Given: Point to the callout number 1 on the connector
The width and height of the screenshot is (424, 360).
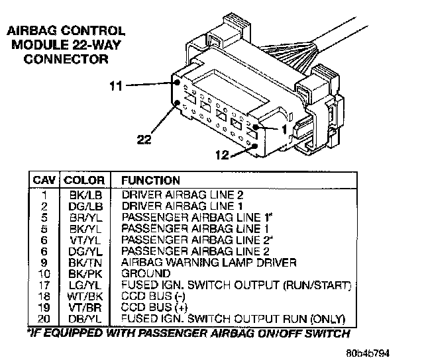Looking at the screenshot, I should point(284,129).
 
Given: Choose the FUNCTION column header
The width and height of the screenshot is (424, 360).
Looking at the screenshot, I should point(150,180).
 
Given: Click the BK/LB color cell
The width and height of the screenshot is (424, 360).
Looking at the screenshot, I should point(85,195).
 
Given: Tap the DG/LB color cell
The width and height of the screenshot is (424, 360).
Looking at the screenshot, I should point(85,205).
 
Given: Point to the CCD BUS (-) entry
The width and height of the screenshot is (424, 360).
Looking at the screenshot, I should point(150,295).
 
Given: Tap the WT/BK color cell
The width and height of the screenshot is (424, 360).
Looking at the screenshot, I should point(85,295).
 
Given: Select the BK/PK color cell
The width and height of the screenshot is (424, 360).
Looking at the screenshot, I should point(85,273).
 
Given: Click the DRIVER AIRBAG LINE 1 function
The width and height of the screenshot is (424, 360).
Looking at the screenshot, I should point(182,205).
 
